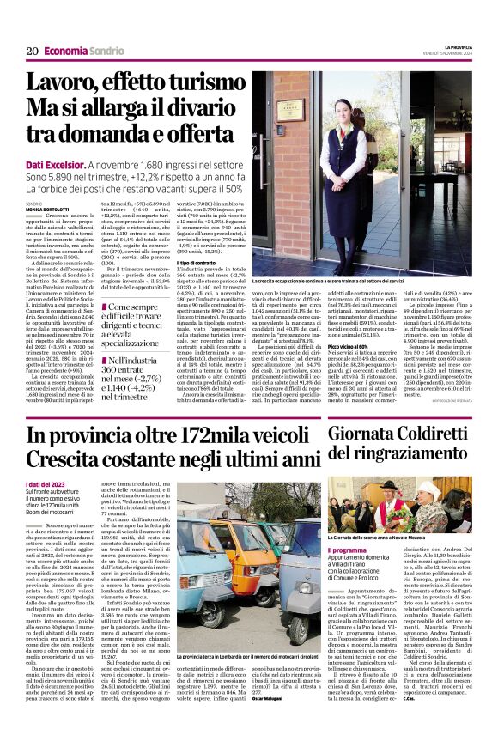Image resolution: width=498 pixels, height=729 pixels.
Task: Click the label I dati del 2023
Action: [44, 485]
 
